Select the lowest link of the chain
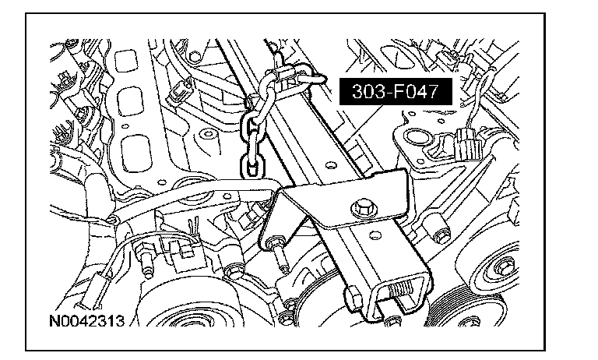tap(250, 162)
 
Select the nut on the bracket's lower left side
tap(351, 297)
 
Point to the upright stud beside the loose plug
tap(143, 260)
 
